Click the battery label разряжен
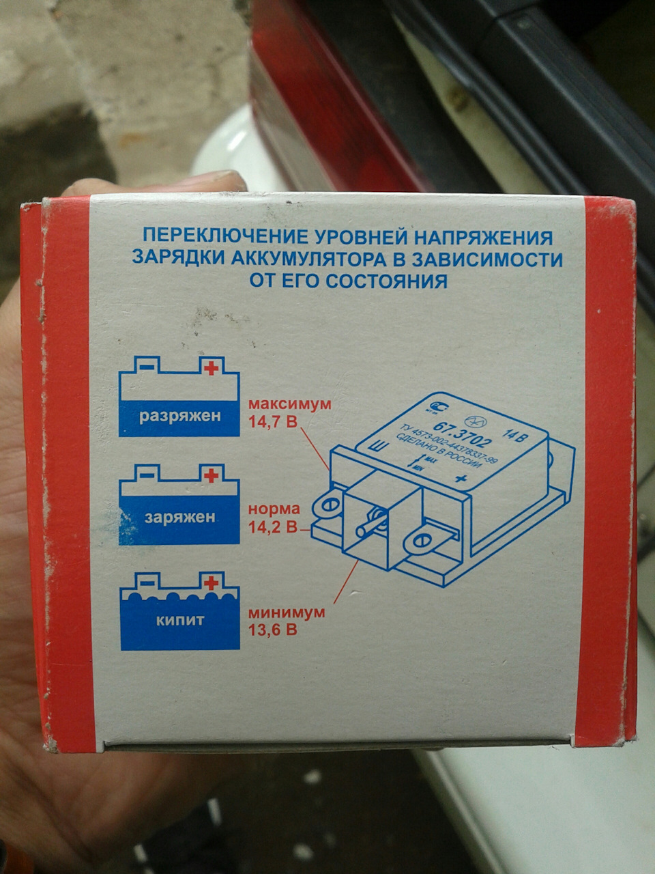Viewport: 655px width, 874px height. (180, 416)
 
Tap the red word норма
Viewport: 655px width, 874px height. (274, 509)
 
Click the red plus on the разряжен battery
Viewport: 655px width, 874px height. (212, 368)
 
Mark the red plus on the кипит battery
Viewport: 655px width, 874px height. (212, 582)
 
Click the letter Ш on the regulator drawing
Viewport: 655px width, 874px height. (376, 449)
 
